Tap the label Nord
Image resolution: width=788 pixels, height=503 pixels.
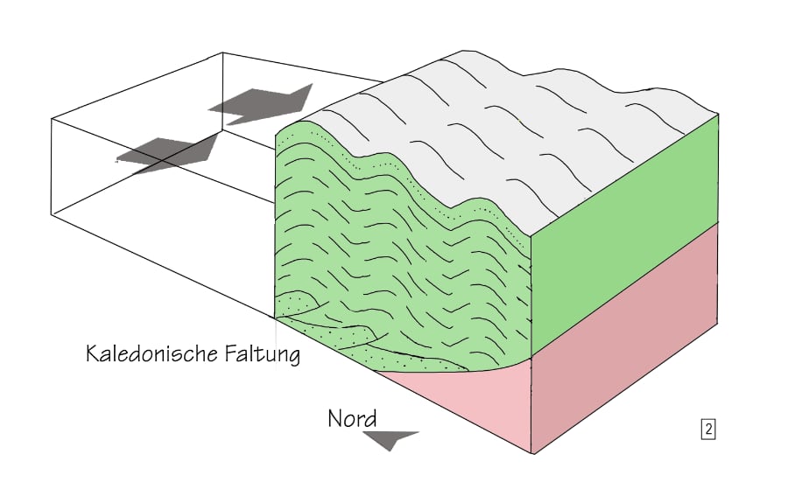click(x=353, y=418)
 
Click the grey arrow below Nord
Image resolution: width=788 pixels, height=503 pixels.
click(x=390, y=439)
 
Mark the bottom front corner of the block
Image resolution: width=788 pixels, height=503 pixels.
click(x=532, y=454)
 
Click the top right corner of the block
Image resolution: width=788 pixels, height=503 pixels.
click(x=719, y=113)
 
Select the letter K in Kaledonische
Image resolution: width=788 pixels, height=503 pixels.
click(x=92, y=354)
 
